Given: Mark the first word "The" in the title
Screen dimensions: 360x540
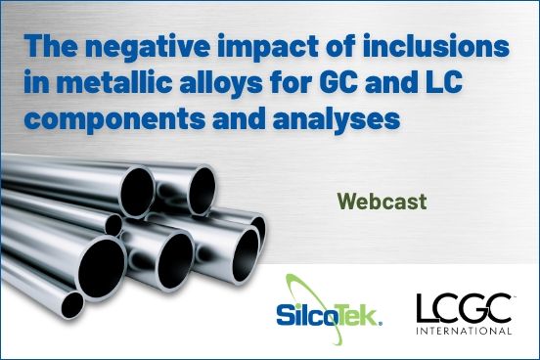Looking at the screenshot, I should (50, 49).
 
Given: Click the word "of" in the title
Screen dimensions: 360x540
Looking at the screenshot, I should (322, 49).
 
